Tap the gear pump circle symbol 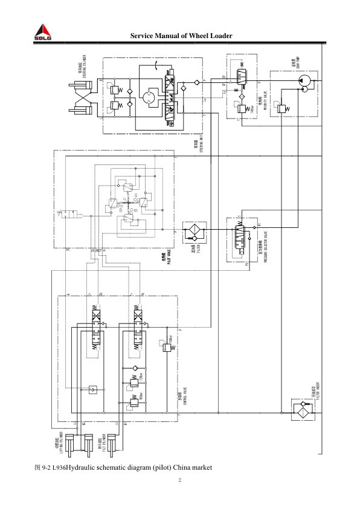304,80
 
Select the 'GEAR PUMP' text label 294,64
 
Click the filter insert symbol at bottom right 301,411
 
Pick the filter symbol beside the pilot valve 195,233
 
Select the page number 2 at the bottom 180,481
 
